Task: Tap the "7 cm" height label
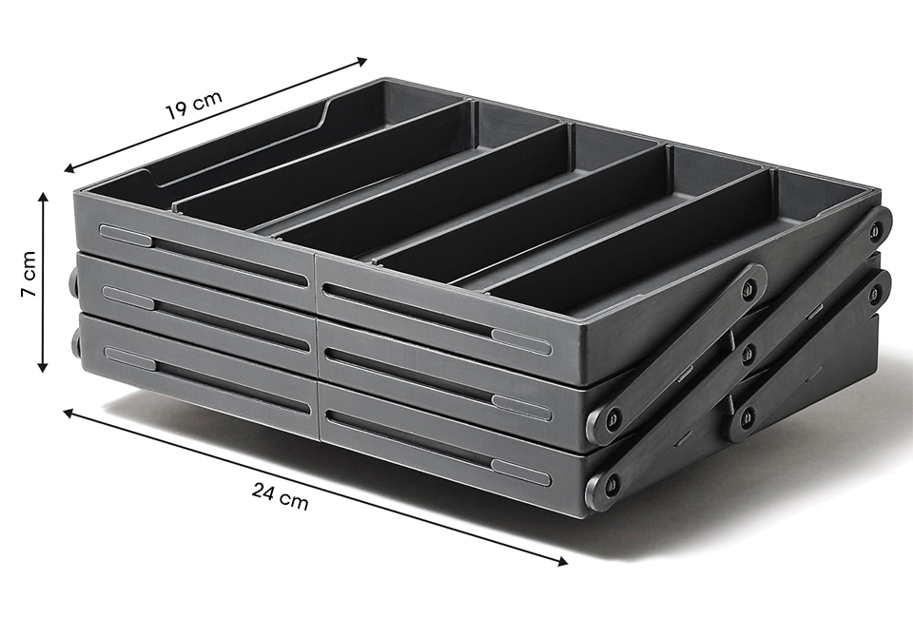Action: click(x=29, y=274)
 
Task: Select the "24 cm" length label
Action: click(x=280, y=495)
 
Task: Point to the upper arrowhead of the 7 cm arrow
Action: click(x=43, y=198)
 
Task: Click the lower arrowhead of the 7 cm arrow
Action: click(x=43, y=366)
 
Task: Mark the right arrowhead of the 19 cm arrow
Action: click(x=362, y=60)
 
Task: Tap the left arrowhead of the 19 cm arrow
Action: click(x=69, y=169)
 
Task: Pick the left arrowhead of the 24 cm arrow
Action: click(x=68, y=413)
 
